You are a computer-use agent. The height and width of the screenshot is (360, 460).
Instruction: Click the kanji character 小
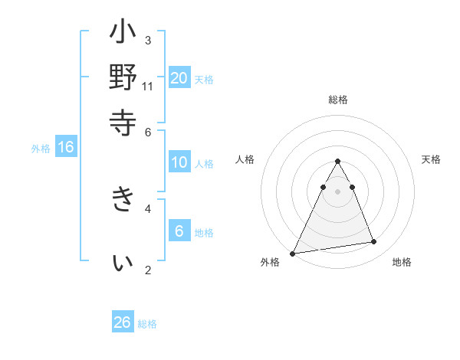tap(123, 35)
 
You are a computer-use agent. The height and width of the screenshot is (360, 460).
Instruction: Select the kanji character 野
tap(123, 79)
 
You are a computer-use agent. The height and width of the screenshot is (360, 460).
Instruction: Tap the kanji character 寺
tap(123, 122)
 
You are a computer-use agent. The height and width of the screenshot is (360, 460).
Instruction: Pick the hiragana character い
tap(123, 263)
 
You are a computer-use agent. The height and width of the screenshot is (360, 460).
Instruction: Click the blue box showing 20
tap(179, 77)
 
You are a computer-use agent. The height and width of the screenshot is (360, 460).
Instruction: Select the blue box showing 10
tap(179, 162)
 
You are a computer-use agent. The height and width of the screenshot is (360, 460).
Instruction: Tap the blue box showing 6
tap(179, 231)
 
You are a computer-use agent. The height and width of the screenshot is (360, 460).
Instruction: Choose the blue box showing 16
tap(66, 148)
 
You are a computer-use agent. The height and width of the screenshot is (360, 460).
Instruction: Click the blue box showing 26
tap(123, 322)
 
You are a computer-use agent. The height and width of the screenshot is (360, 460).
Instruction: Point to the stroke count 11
tap(148, 86)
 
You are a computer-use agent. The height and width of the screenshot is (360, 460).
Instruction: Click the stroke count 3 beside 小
tap(148, 40)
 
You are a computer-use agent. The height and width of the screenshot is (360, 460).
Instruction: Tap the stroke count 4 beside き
tap(148, 208)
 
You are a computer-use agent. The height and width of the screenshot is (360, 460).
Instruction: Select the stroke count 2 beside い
tap(148, 270)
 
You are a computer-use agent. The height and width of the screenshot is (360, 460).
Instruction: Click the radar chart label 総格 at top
tap(338, 100)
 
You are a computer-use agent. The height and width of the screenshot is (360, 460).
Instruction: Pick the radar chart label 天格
tap(432, 159)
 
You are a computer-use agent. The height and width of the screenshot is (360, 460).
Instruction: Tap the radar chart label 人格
tap(245, 159)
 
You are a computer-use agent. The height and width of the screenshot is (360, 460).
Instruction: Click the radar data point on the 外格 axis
tap(292, 254)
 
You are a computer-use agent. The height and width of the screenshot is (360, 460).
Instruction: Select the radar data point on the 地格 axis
tap(374, 242)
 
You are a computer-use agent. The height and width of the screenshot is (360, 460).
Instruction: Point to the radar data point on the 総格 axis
tap(338, 162)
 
